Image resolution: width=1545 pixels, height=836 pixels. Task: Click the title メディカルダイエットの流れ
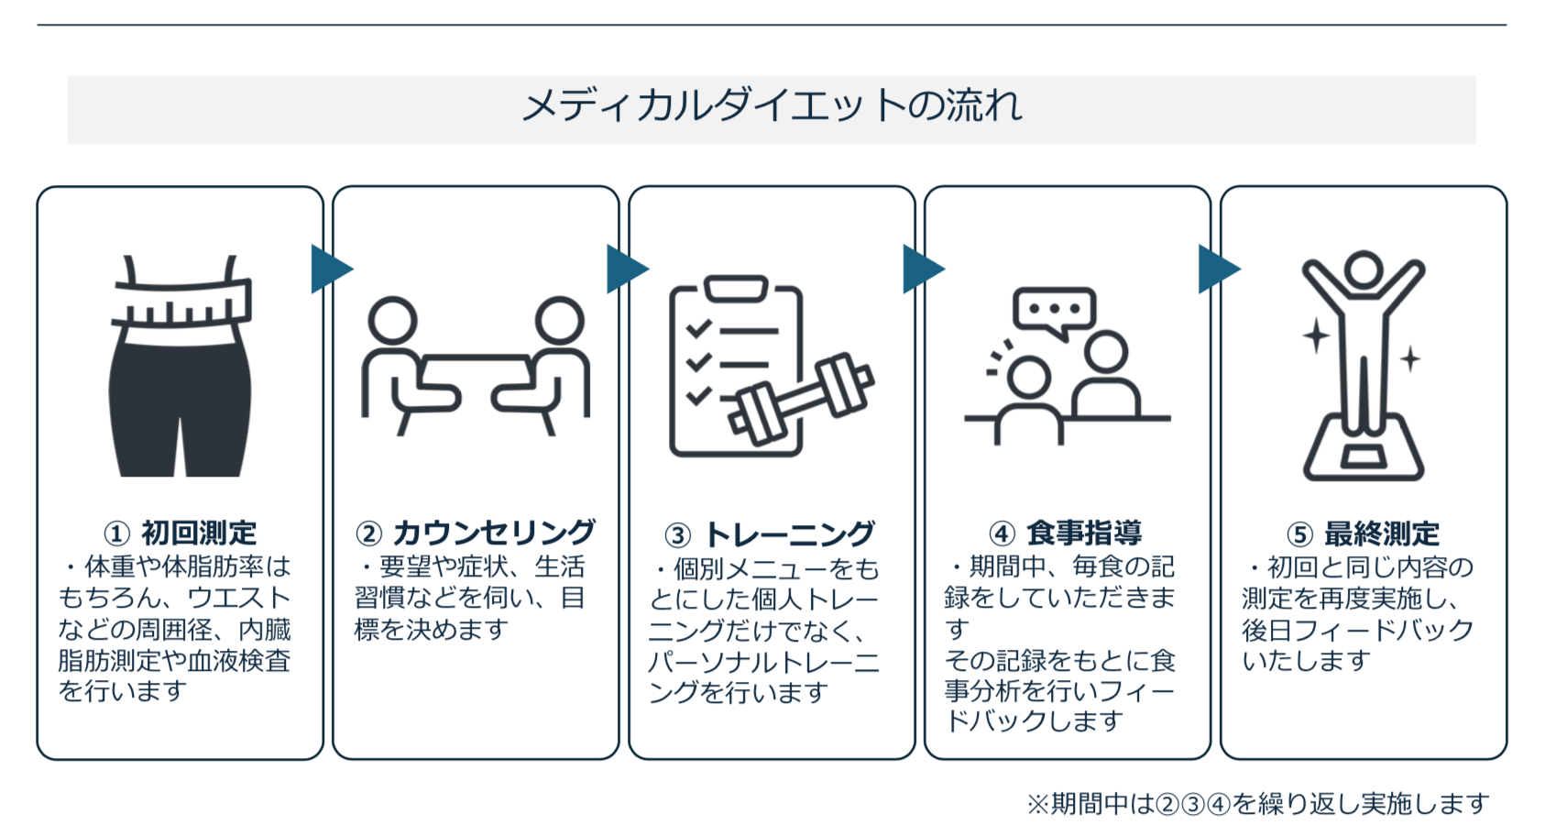[772, 107]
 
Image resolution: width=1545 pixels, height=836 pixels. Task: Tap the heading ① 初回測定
[180, 533]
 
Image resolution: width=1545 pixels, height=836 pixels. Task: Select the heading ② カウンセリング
[476, 533]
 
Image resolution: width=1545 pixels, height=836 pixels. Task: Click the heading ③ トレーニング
[771, 534]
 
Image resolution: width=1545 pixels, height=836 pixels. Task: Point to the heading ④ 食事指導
[1066, 533]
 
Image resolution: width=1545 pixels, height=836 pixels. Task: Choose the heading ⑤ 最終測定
[1363, 533]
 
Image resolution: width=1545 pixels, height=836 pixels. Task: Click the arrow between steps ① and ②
[332, 269]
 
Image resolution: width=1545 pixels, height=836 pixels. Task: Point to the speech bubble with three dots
[1054, 312]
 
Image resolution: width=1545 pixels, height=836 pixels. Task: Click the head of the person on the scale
[1364, 269]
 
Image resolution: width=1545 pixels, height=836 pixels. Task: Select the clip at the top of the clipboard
[736, 289]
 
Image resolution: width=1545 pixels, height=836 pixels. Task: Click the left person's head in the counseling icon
[392, 321]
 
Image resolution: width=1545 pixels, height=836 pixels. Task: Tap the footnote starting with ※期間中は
[1258, 804]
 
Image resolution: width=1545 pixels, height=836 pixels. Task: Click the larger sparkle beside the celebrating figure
[1315, 335]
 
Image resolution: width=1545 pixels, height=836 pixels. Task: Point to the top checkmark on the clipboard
[698, 328]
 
